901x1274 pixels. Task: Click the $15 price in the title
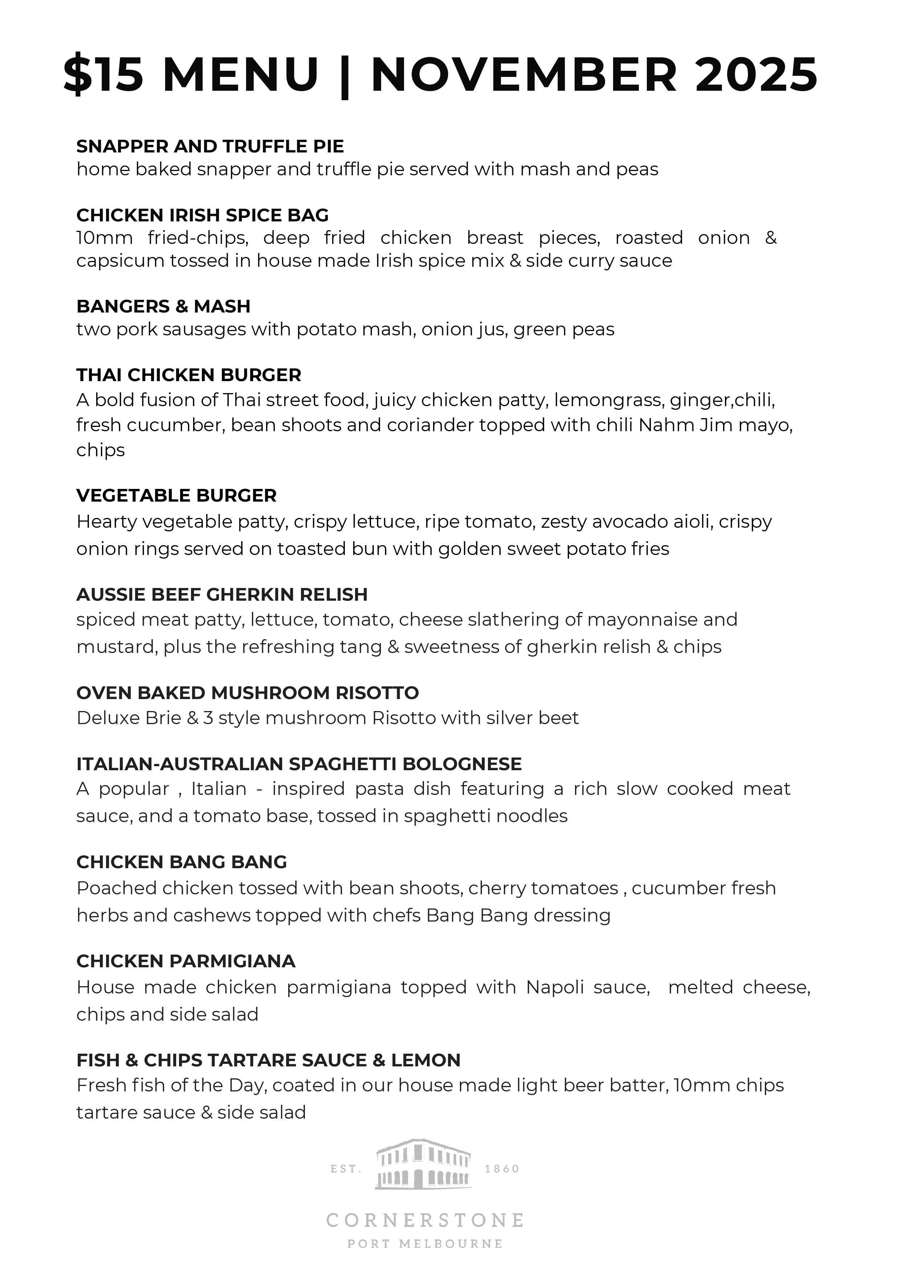[104, 75]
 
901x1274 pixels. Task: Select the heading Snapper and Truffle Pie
[210, 147]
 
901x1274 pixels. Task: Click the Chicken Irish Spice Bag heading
[203, 215]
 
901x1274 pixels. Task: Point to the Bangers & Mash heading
[163, 306]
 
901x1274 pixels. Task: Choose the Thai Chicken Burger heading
[189, 375]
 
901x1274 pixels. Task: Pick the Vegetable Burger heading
[176, 495]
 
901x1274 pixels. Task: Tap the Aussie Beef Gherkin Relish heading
[222, 595]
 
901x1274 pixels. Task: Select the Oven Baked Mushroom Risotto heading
[248, 693]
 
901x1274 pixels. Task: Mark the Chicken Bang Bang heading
[182, 862]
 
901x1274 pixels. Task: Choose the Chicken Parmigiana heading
[186, 961]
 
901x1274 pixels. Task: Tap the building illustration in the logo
[424, 1165]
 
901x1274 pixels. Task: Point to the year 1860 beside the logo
[502, 1169]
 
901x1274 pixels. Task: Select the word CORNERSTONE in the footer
[425, 1220]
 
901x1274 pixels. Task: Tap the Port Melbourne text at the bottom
[425, 1244]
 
